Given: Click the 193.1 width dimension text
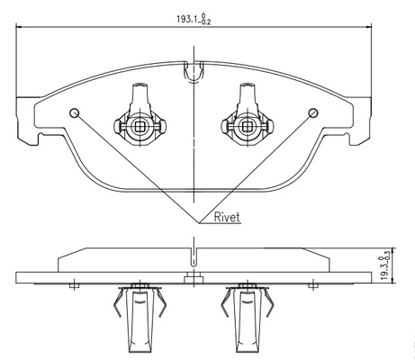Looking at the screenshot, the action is pyautogui.click(x=194, y=19).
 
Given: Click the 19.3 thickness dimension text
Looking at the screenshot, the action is pyautogui.click(x=385, y=265).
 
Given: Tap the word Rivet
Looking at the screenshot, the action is pyautogui.click(x=227, y=217).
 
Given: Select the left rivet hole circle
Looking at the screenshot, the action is pyautogui.click(x=74, y=112).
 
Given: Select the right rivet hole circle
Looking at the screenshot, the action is pyautogui.click(x=313, y=112).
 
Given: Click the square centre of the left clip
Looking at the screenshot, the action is pyautogui.click(x=140, y=127).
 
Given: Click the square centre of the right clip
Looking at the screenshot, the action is pyautogui.click(x=247, y=127).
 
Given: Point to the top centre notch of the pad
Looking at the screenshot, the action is pyautogui.click(x=194, y=72).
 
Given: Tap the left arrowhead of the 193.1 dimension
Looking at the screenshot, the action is pyautogui.click(x=19, y=27).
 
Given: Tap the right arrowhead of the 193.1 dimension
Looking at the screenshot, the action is pyautogui.click(x=368, y=27).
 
